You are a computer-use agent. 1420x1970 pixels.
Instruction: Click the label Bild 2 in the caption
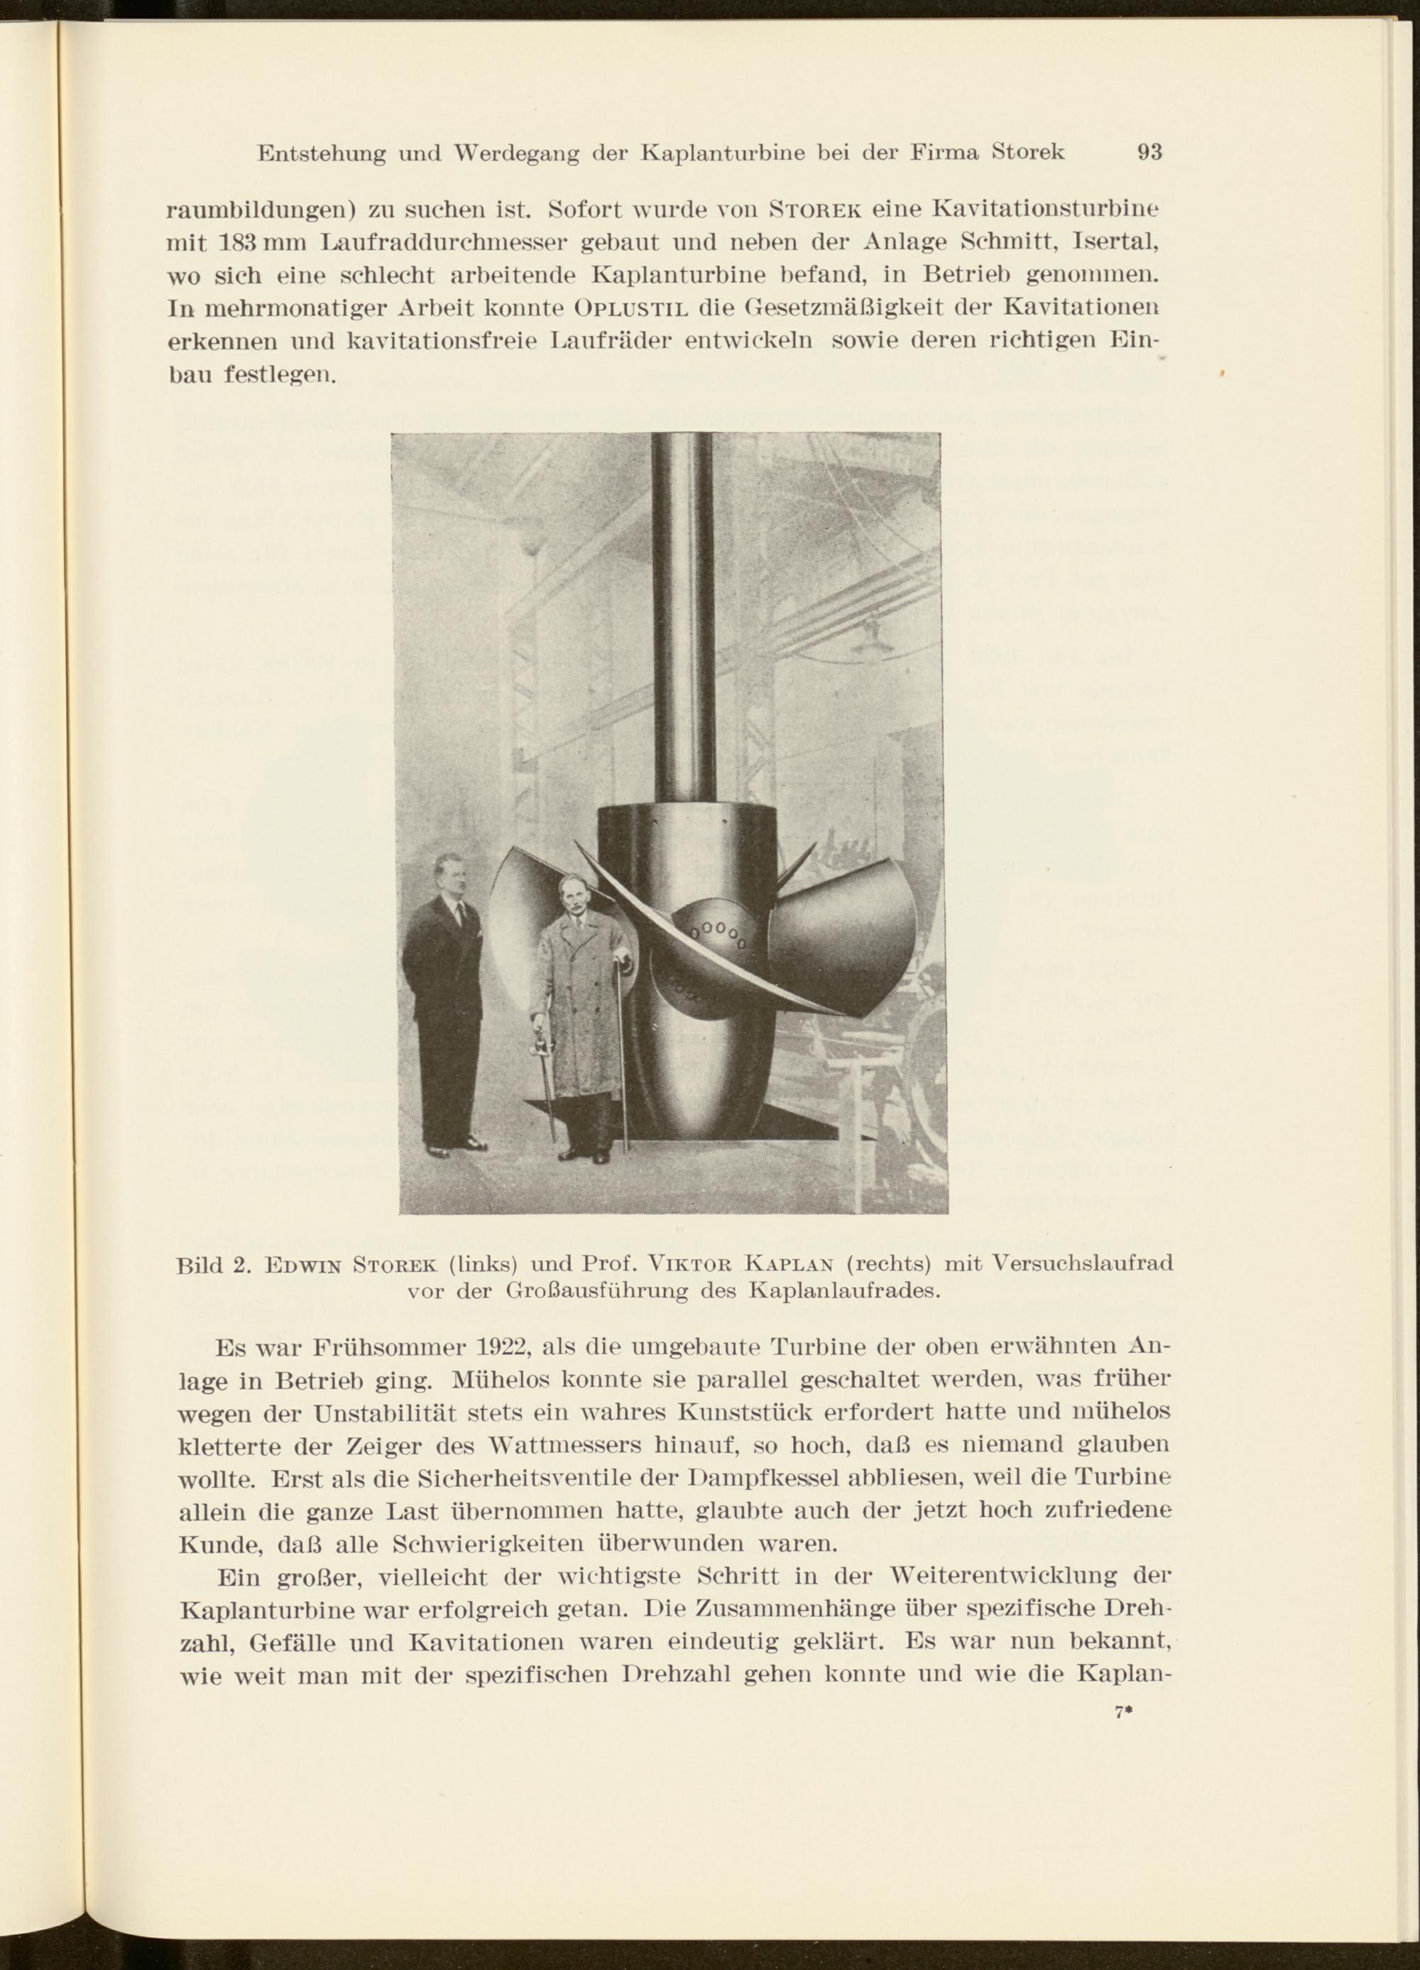click(214, 1263)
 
